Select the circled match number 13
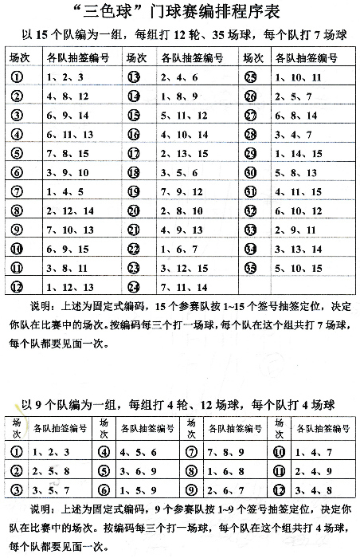(x=134, y=77)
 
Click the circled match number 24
(x=134, y=287)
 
